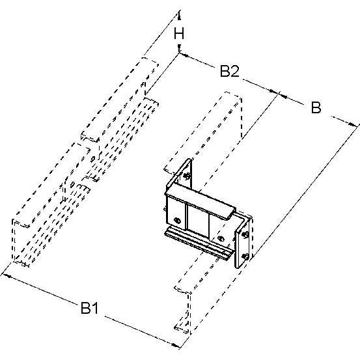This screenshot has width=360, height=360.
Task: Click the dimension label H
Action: [x=179, y=33]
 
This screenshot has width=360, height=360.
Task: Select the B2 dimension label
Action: [x=230, y=71]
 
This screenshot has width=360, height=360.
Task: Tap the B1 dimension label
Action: [x=90, y=308]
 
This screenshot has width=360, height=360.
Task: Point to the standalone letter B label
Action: [x=316, y=107]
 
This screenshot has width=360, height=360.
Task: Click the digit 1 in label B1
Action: [x=95, y=308]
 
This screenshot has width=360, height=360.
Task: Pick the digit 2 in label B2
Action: [x=235, y=71]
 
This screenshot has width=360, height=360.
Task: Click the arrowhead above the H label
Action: [x=179, y=16]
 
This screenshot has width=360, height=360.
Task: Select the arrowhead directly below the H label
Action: [x=179, y=48]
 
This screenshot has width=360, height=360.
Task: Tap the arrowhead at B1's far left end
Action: [x=7, y=275]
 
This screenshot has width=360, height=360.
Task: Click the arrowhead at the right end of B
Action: [x=353, y=125]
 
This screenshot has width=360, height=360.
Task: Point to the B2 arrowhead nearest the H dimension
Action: [x=184, y=55]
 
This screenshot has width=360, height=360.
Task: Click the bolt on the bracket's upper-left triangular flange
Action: [x=187, y=176]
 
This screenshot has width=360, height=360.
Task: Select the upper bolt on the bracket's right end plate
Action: [x=245, y=234]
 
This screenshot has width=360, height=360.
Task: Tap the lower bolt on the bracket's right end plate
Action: [x=245, y=256]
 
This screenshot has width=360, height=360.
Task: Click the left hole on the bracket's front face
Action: [x=177, y=221]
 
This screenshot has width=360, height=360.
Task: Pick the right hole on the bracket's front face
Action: [x=221, y=238]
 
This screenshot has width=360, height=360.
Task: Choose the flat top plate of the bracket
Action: [x=201, y=202]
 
